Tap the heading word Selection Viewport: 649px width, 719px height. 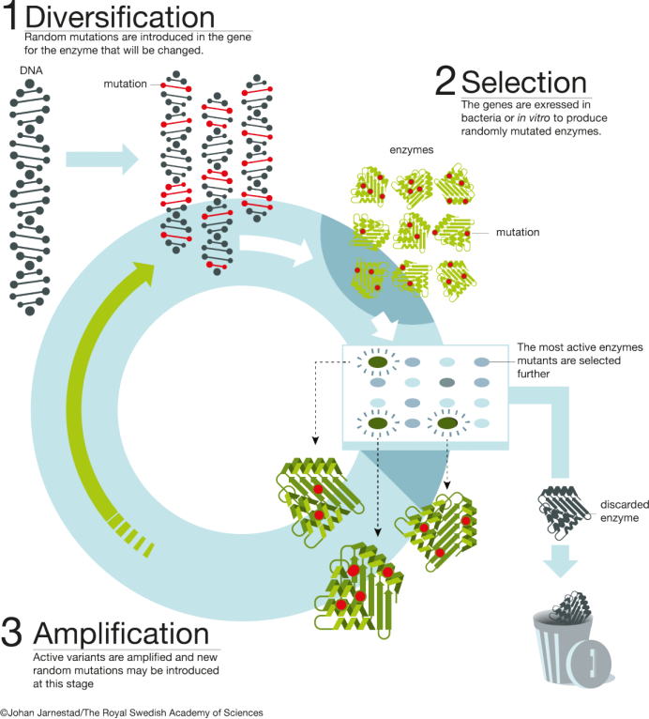[x=524, y=84]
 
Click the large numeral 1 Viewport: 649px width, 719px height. [x=11, y=21]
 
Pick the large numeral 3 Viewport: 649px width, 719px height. [x=12, y=633]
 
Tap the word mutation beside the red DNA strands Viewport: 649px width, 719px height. [x=126, y=84]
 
